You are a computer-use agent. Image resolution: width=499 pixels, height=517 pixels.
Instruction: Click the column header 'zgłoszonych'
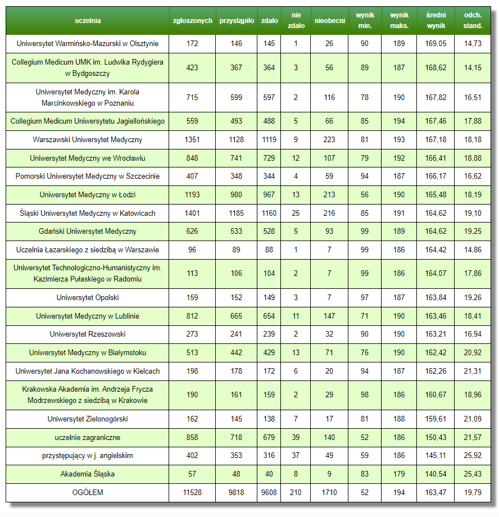192,21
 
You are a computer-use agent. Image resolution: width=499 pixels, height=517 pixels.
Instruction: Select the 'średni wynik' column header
436,21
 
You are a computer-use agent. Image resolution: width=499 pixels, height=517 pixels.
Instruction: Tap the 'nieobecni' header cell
329,21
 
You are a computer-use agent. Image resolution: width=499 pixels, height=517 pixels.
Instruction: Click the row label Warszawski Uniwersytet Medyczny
88,140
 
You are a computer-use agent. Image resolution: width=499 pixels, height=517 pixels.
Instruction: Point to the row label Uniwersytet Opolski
88,298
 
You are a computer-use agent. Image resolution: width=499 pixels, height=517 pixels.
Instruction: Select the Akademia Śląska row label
88,474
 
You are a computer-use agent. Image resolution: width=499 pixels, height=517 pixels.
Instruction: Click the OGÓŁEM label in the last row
88,493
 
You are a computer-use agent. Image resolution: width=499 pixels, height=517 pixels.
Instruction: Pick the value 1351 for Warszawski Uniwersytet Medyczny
192,140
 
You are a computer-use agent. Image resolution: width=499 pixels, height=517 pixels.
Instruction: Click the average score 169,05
436,43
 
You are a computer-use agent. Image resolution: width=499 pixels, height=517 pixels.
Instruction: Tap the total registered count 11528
192,493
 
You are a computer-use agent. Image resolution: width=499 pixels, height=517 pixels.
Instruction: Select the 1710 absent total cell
329,493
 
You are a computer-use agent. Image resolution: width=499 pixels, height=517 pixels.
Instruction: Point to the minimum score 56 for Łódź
365,195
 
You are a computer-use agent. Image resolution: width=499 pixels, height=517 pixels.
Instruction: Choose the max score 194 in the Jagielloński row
399,121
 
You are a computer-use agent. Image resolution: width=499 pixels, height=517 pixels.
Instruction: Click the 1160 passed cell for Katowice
269,214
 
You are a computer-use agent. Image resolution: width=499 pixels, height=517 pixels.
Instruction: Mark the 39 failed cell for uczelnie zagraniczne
296,438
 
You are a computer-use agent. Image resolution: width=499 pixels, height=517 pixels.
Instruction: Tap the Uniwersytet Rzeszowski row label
88,334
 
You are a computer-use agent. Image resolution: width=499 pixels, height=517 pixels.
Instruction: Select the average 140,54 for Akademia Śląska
436,474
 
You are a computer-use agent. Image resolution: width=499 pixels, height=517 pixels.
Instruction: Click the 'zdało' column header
269,21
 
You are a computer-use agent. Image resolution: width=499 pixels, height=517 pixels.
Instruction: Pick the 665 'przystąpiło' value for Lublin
236,316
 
